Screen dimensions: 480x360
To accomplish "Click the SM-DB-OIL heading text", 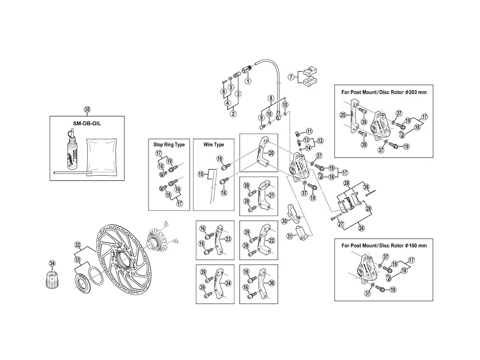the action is point(87,124).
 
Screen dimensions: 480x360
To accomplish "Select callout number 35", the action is point(87,110).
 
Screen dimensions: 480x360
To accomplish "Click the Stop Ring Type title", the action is point(169,144).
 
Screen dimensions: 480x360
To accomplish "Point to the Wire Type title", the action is point(214,144).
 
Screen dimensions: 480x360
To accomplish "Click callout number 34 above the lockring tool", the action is point(52,263).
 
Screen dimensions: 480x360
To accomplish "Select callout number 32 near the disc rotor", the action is point(78,245).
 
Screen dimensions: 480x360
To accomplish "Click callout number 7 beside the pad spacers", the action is point(291,77).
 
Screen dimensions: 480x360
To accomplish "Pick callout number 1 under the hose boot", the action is point(247,81).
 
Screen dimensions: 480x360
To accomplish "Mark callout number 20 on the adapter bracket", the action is point(271,153).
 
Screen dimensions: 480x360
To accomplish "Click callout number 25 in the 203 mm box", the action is point(343,115).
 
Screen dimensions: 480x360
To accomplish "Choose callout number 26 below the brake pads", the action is point(361,228).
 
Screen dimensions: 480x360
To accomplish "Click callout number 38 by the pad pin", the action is point(367,187).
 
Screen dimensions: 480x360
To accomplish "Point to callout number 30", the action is point(285,221).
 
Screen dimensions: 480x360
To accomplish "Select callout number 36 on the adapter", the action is point(271,283).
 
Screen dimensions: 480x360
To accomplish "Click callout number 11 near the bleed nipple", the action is point(309,131).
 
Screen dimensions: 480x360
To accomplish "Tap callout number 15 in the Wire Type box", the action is point(201,174).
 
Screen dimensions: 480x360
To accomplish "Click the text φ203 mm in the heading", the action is point(415,92).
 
